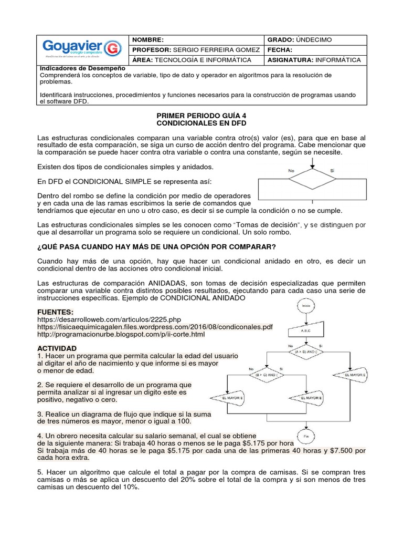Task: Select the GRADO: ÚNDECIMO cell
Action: [300, 39]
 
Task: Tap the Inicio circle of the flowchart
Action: [306, 305]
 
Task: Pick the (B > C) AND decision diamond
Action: [266, 375]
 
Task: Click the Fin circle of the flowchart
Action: [306, 436]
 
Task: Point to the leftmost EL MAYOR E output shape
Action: [227, 398]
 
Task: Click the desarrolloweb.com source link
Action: [109, 319]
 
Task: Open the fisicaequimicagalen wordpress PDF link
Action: [155, 327]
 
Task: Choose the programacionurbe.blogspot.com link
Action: [121, 334]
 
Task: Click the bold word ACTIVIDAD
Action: [57, 348]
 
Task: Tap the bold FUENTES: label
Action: [55, 312]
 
